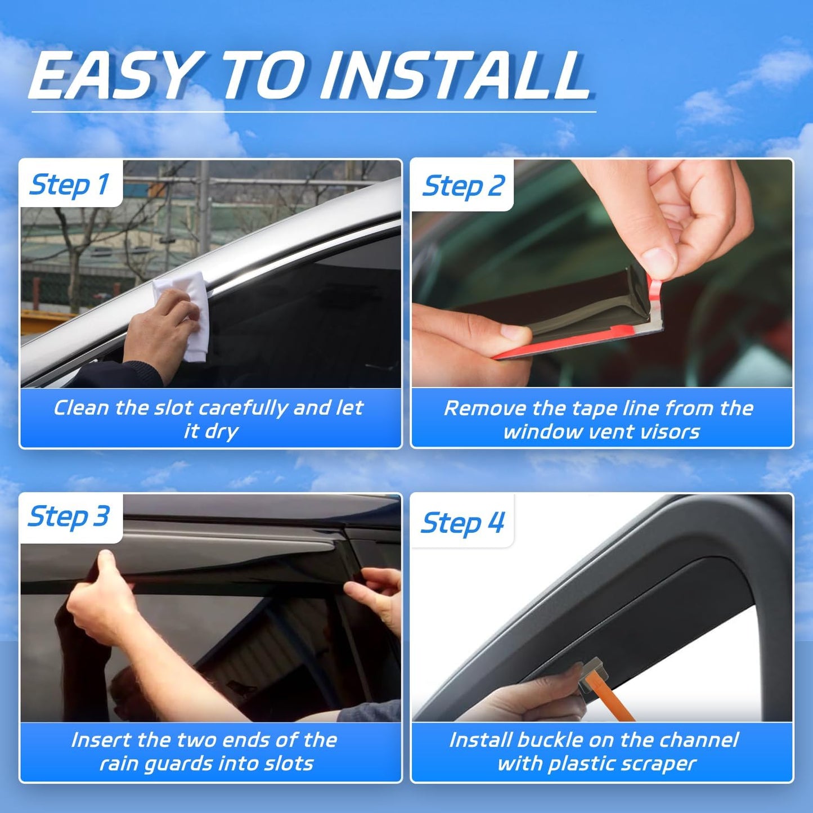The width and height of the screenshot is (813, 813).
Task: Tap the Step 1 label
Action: point(69,185)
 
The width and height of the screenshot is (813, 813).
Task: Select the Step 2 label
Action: point(463,186)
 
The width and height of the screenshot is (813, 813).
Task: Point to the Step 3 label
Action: point(69,516)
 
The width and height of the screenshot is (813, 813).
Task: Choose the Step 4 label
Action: point(462,523)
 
